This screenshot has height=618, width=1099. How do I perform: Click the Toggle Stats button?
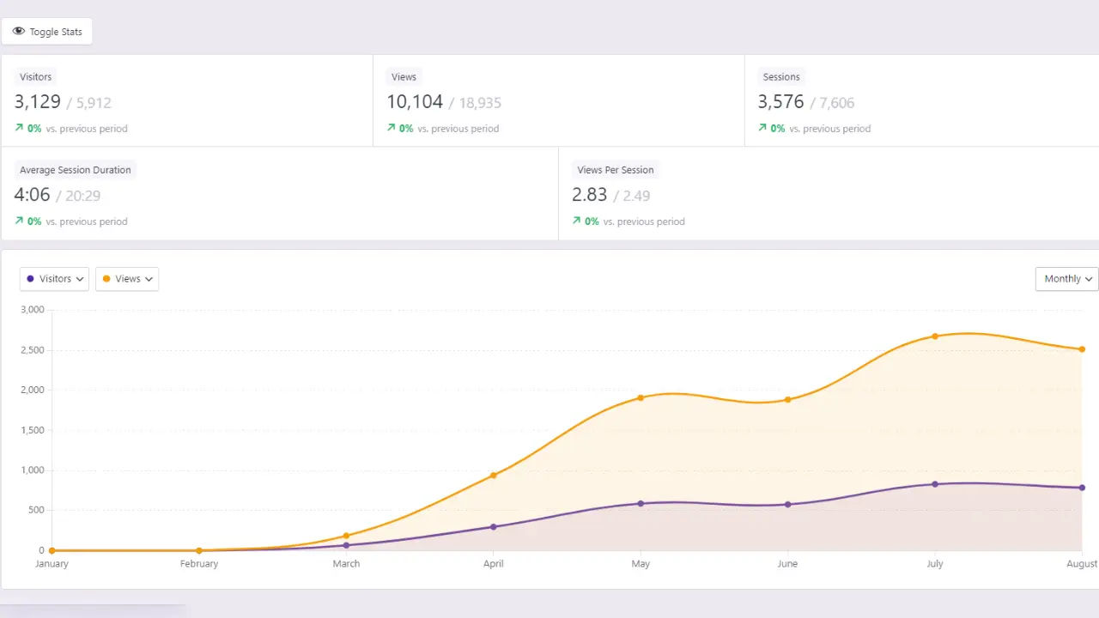point(47,32)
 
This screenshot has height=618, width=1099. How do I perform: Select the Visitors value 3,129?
point(37,102)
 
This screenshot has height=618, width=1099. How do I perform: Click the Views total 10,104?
point(414,102)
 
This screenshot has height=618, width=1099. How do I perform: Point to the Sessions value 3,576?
point(780,102)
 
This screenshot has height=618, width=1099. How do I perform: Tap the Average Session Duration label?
point(76,170)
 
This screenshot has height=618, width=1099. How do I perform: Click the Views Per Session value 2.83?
point(589,195)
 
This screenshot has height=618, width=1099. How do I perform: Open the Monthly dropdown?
point(1066,279)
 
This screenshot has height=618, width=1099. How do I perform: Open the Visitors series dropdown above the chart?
point(54,279)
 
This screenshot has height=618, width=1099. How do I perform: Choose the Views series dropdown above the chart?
point(127,279)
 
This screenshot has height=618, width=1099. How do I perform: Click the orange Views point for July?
point(935,336)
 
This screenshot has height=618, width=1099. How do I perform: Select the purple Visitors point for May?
point(641,504)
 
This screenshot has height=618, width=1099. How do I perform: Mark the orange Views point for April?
point(493,476)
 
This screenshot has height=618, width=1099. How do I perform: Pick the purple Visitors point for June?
point(787,505)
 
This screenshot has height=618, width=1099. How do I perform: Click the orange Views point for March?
point(346,536)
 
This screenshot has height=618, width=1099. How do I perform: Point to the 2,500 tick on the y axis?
point(33,350)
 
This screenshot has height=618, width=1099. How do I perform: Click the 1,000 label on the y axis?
point(33,470)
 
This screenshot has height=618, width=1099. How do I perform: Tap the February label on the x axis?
point(199,564)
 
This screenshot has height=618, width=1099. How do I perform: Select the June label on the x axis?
point(787,564)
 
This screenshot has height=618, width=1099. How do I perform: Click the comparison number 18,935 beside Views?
point(479,103)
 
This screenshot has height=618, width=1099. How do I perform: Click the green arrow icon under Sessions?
point(762,128)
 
